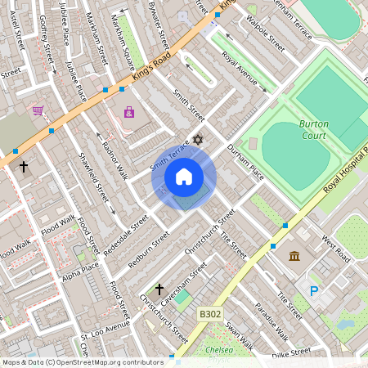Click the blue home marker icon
click(184, 177)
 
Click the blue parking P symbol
click(314, 291)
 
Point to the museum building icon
click(294, 257)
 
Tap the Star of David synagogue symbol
click(196, 141)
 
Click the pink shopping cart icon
click(38, 110)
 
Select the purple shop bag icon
click(128, 112)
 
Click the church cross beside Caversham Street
click(159, 289)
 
